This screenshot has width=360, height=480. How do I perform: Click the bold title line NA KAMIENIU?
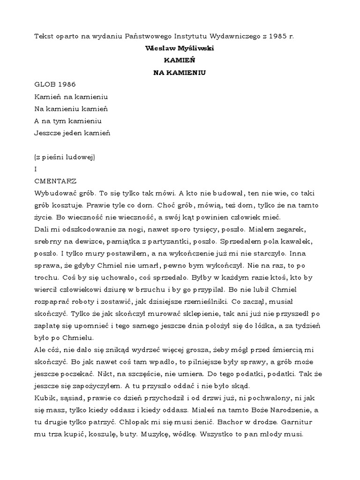click(180, 73)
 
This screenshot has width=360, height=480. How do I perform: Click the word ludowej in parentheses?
click(79, 157)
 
